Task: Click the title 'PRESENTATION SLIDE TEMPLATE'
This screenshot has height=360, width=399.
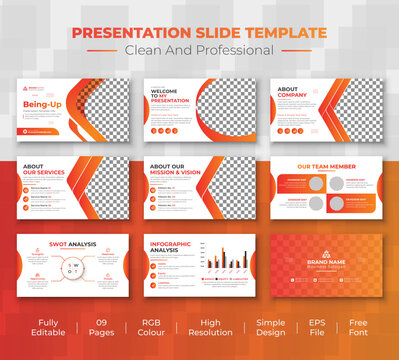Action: tap(199, 33)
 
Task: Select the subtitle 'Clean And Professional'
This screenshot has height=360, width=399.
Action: tap(199, 50)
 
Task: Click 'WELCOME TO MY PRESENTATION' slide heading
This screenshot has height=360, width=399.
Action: tap(172, 96)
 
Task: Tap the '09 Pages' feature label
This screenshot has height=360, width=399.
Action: tap(103, 331)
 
